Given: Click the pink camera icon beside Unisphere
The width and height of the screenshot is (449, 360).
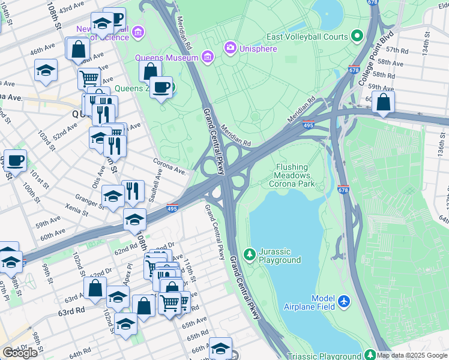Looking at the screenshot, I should [230, 47].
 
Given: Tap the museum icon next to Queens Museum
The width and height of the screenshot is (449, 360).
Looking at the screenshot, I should [208, 58].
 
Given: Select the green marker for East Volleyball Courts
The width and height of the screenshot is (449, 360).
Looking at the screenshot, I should [358, 37].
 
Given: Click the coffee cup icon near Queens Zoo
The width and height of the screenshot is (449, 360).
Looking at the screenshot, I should [161, 87].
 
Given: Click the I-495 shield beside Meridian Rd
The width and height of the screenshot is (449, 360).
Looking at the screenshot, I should [309, 125].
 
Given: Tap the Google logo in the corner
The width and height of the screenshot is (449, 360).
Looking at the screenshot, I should [20, 353].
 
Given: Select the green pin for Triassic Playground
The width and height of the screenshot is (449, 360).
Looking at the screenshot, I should [370, 356].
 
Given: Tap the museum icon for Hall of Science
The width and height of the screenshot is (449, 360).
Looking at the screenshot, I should [138, 31].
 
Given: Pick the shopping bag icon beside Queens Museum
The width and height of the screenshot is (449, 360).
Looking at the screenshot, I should [149, 71].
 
